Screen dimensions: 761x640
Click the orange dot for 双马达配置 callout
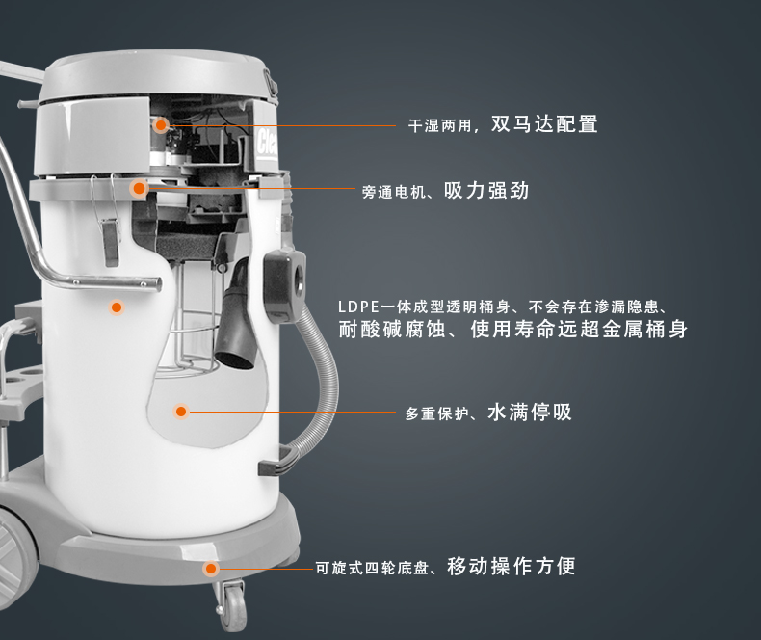[x=161, y=125]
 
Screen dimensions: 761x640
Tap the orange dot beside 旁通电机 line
[x=140, y=188]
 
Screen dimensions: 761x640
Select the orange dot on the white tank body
[x=117, y=307]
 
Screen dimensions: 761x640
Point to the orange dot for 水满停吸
[x=181, y=412]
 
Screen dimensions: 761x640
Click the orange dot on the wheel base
[x=211, y=569]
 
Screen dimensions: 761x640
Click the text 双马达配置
[x=544, y=123]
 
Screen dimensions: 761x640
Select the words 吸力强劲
[x=486, y=190]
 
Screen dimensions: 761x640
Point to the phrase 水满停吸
[x=530, y=413]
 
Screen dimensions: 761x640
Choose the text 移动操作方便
[x=512, y=566]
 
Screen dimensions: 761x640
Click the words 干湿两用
[x=439, y=126]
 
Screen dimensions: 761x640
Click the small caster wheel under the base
[x=233, y=605]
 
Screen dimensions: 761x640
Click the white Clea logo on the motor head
[x=267, y=143]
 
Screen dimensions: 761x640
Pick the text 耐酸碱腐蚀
[x=392, y=330]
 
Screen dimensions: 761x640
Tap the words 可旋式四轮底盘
[x=372, y=568]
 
